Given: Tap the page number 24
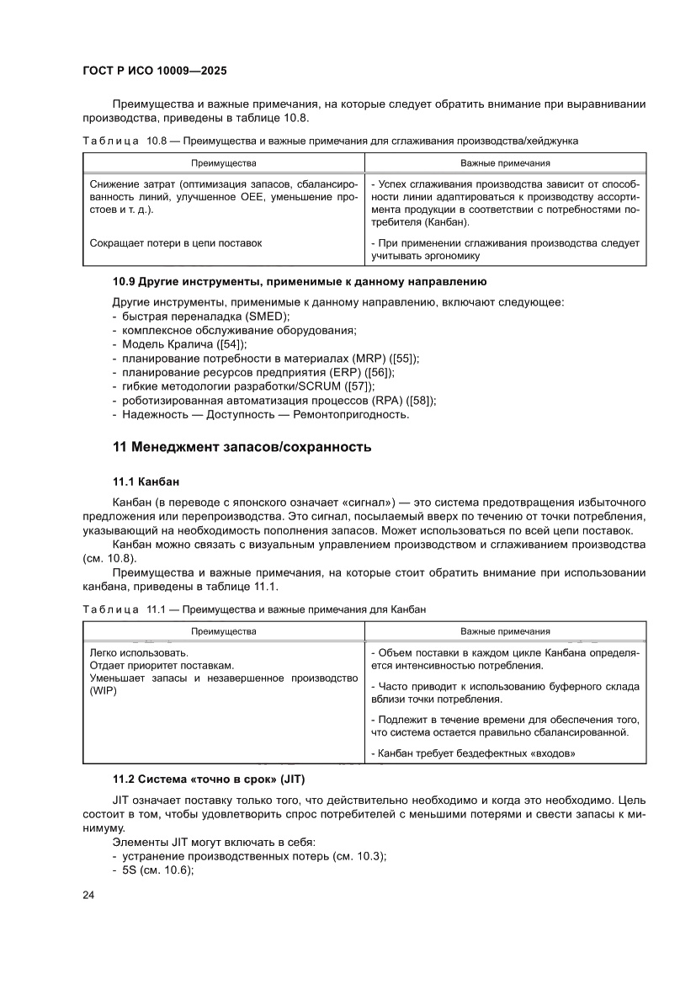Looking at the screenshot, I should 88,895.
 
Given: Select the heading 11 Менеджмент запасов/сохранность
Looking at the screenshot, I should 242,447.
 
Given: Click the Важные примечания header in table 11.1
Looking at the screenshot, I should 505,630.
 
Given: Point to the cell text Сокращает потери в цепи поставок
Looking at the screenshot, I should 175,243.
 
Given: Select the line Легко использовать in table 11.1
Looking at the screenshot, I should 139,653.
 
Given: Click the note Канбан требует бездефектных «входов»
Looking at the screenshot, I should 473,753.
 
